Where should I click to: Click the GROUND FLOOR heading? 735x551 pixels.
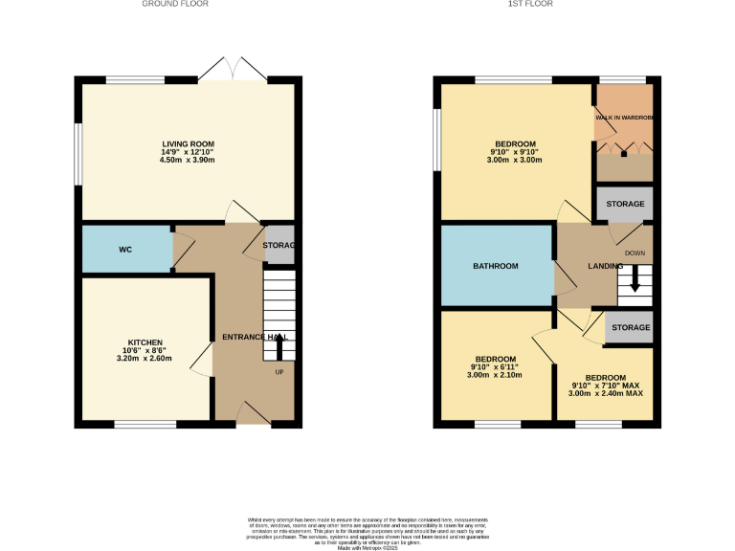pyautogui.click(x=175, y=4)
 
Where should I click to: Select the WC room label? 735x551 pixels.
pyautogui.click(x=124, y=250)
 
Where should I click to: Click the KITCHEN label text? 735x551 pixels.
pyautogui.click(x=145, y=342)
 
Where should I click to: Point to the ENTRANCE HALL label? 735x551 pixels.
pyautogui.click(x=255, y=338)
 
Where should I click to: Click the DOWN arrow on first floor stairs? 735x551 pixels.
pyautogui.click(x=634, y=283)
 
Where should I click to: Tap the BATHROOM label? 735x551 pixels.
pyautogui.click(x=496, y=266)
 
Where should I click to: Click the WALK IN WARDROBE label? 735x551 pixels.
pyautogui.click(x=624, y=118)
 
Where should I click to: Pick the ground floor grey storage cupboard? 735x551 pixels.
pyautogui.click(x=279, y=246)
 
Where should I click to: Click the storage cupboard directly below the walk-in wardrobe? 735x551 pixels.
pyautogui.click(x=624, y=204)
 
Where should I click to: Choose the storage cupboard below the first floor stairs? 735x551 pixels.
pyautogui.click(x=630, y=327)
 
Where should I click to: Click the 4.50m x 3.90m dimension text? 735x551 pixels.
pyautogui.click(x=188, y=160)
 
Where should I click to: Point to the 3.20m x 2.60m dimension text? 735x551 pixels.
pyautogui.click(x=145, y=359)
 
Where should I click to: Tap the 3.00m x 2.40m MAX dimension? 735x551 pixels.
pyautogui.click(x=606, y=393)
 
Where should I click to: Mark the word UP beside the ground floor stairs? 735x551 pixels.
pyautogui.click(x=279, y=372)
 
